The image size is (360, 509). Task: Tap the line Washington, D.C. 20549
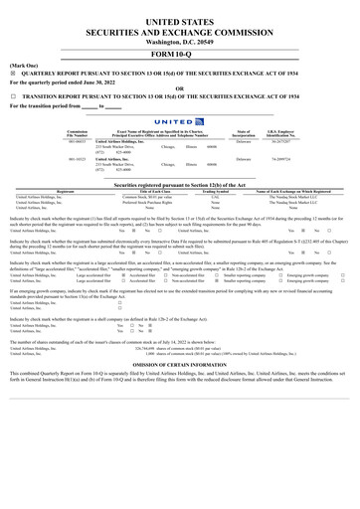coord(180,43)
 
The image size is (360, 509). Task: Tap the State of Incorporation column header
coord(244,133)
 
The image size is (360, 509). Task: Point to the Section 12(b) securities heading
coord(180,184)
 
